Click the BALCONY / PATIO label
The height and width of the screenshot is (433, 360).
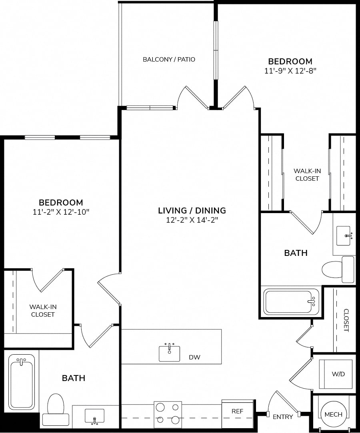click(x=169, y=59)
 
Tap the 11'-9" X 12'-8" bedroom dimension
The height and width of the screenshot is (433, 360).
click(x=290, y=71)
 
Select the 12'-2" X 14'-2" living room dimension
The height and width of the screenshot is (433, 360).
click(x=192, y=220)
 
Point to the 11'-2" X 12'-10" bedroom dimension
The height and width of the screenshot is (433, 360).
click(x=61, y=212)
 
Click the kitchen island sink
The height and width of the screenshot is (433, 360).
click(x=169, y=353)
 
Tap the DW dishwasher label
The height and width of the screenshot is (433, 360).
click(x=194, y=357)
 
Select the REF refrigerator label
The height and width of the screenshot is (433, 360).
click(x=237, y=411)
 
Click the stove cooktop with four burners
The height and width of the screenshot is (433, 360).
click(x=168, y=413)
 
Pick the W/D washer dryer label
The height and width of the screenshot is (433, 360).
click(x=338, y=374)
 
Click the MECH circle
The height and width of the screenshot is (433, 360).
click(x=334, y=414)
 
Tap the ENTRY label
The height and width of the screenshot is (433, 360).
click(x=283, y=417)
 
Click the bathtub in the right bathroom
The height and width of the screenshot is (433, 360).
click(x=291, y=301)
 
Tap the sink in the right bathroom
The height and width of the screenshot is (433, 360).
click(x=344, y=235)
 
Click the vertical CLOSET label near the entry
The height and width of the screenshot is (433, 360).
click(x=346, y=320)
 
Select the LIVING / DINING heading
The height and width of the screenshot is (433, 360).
click(x=192, y=210)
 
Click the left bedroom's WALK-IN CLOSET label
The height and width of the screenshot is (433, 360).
click(x=43, y=311)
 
